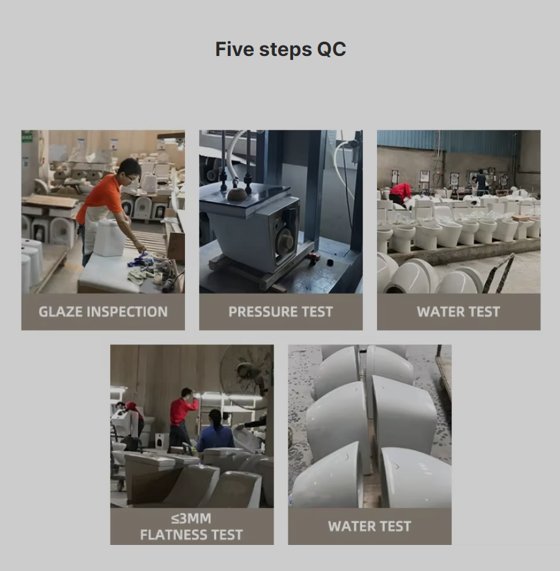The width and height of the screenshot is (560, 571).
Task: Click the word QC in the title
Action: [x=331, y=49]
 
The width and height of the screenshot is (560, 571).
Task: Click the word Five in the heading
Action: [x=233, y=49]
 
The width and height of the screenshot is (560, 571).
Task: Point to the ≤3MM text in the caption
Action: [x=191, y=518]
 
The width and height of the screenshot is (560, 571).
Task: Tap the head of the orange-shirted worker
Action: [x=130, y=170]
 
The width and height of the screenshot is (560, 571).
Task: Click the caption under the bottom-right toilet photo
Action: [x=370, y=526]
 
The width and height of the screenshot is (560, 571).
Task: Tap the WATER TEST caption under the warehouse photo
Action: [x=458, y=312]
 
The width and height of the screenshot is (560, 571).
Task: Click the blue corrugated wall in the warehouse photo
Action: [x=448, y=143]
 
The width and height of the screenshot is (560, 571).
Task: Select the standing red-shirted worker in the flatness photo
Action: [x=182, y=417]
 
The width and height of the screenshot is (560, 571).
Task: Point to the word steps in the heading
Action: [x=285, y=50]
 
